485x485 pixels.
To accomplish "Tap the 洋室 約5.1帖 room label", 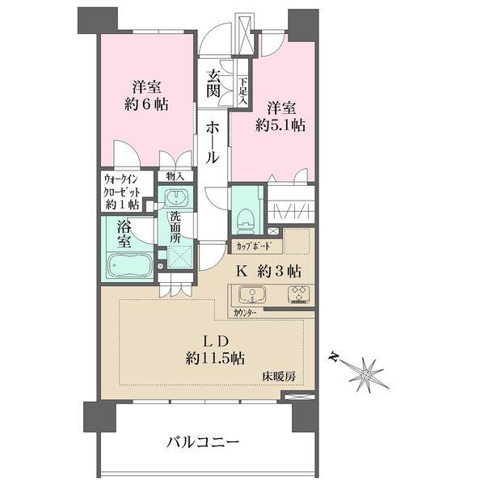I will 280,116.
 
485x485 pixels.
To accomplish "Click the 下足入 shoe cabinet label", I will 242,86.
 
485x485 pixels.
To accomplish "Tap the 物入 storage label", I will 175,176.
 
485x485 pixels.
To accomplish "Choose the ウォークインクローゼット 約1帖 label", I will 123,192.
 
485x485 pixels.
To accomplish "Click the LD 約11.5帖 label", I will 213,348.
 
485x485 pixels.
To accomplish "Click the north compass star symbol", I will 365,373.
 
